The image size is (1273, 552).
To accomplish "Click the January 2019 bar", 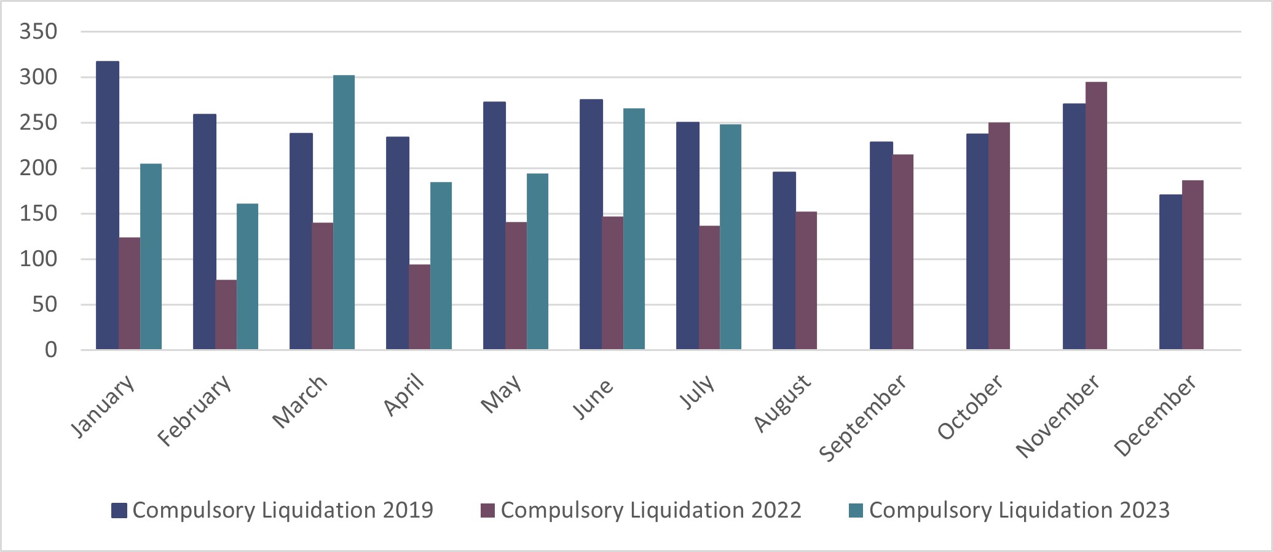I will coord(108,206).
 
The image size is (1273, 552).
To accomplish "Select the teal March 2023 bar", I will coord(344,213).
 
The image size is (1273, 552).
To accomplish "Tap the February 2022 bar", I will coord(226,315).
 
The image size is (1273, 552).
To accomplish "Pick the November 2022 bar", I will coord(1096,216).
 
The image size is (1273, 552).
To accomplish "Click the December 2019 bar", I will coord(1170,272).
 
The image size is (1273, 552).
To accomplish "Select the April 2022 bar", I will coord(420,307).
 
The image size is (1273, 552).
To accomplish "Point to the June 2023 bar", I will coord(634,229).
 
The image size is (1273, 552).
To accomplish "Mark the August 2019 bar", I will coord(784,261).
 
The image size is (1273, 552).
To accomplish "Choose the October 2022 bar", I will coord(999,236).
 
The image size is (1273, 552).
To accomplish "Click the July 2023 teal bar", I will coord(730,237).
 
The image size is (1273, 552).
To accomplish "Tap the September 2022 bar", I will coord(902,252).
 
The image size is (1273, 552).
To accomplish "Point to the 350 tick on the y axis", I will coord(38,31).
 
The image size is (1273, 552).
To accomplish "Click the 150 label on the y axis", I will coord(38,213).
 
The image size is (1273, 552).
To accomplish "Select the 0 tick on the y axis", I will coord(50,350).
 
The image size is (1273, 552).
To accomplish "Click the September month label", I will coord(862,418).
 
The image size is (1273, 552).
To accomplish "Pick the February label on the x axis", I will coord(195,410).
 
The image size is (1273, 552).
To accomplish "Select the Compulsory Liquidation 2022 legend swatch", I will coord(487,510).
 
